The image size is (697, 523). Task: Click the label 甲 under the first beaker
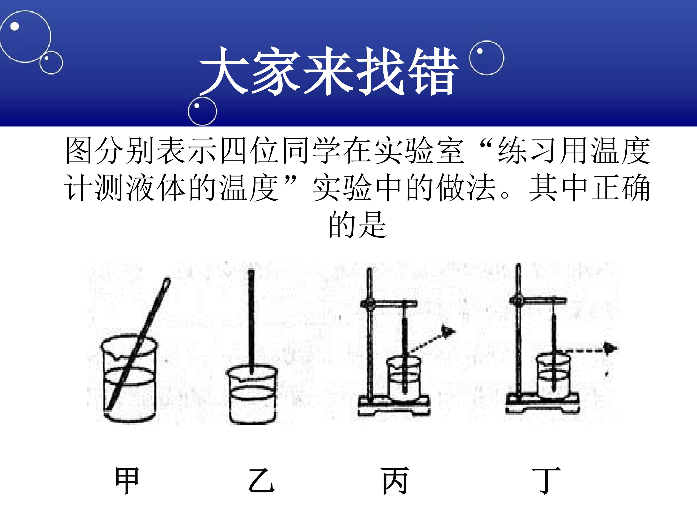tap(127, 480)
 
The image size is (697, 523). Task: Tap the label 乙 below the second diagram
tap(262, 480)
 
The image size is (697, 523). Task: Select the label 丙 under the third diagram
tap(395, 480)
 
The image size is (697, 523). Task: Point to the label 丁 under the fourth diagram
tap(546, 480)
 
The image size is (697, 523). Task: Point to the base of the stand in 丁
tap(543, 404)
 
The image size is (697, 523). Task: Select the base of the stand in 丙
tap(394, 407)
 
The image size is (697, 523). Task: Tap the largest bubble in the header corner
tap(25, 37)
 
